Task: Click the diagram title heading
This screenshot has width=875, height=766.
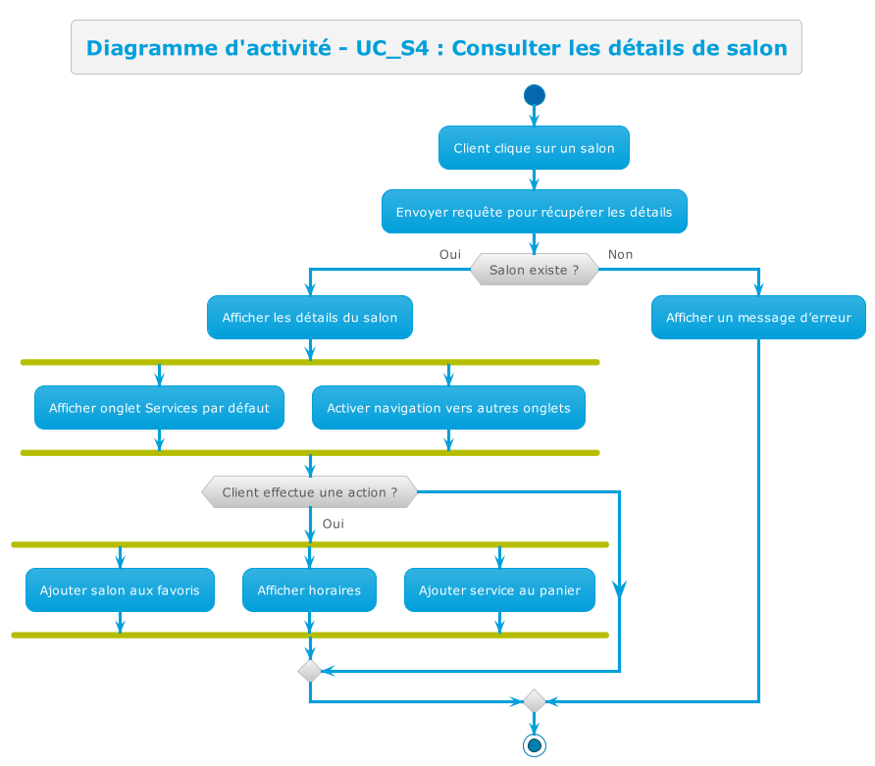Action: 437,47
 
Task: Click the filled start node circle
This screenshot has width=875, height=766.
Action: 535,95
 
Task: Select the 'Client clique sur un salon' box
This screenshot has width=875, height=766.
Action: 534,148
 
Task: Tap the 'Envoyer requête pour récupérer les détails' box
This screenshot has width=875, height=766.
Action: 534,212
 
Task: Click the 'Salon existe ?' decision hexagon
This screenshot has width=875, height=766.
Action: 534,270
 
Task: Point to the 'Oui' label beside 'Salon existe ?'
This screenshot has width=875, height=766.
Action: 450,254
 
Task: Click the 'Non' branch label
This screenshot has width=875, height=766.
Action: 620,254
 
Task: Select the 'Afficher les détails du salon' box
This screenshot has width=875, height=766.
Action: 309,318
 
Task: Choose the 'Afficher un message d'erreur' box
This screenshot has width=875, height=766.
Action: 758,318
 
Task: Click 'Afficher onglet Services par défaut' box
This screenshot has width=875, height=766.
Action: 159,408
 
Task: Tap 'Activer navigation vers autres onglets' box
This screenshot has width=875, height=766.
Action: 448,408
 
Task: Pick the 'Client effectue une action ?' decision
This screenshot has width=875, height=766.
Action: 309,492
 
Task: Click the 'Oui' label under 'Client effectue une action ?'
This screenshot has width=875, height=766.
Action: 333,524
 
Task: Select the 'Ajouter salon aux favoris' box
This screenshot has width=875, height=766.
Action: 120,590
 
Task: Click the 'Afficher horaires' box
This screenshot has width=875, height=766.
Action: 309,590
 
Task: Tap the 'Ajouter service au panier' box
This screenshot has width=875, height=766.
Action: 499,590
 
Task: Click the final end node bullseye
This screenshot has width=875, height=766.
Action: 535,745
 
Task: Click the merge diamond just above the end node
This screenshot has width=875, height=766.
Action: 535,701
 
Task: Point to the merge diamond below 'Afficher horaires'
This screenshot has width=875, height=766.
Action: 309,671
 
